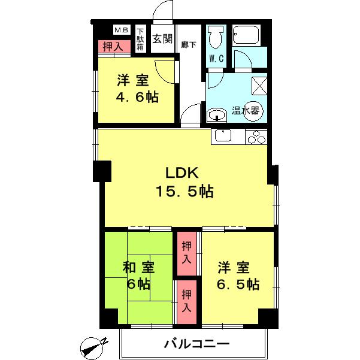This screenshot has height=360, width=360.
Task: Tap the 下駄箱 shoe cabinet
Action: click(x=140, y=40)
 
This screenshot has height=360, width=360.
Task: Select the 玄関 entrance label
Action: click(x=162, y=40)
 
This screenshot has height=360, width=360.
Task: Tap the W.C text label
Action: click(x=216, y=60)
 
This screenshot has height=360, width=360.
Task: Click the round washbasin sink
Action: click(x=216, y=114)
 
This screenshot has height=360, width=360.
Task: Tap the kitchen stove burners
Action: click(x=256, y=137)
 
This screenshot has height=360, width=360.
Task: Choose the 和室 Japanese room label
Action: click(x=139, y=267)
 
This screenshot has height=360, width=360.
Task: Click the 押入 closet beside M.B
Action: click(x=112, y=46)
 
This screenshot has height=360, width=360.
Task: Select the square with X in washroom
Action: click(x=259, y=86)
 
